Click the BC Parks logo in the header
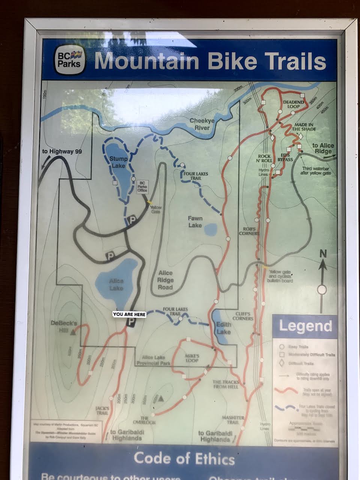coord(69,60)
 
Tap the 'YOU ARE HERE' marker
coord(129,314)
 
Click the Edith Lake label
coord(223,328)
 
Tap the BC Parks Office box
coord(142,185)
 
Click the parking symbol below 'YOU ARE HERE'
coord(131,322)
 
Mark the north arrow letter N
coord(323,254)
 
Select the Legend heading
coord(305,326)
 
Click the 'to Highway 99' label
coord(62,152)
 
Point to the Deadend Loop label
coord(291,104)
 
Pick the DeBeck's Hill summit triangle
coord(73,332)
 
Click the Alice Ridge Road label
coord(165,280)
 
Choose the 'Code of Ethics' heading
coord(184,458)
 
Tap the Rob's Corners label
coord(249,231)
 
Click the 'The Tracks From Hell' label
coord(226,384)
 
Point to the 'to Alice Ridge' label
coord(323,148)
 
